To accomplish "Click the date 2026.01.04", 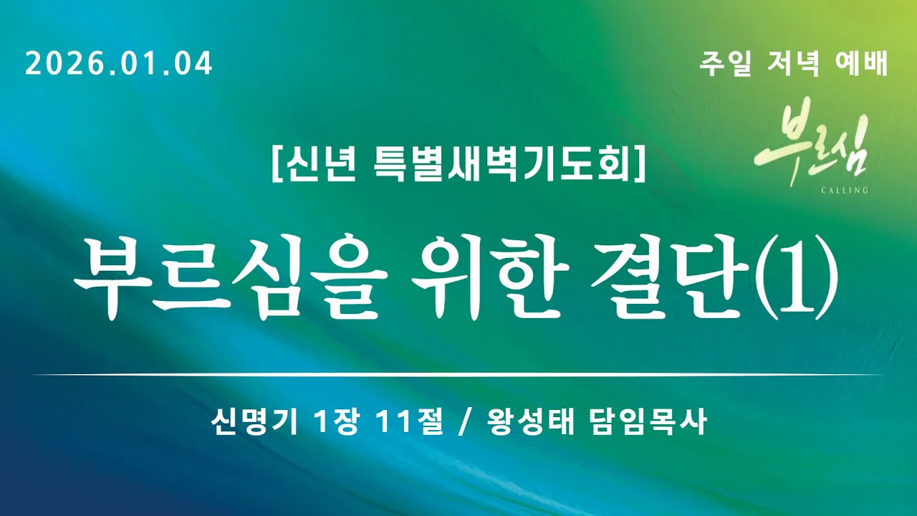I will [x=119, y=64].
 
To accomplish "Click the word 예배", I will [x=862, y=64].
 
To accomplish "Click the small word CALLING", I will [x=845, y=191].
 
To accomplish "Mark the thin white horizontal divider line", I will [x=458, y=375].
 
